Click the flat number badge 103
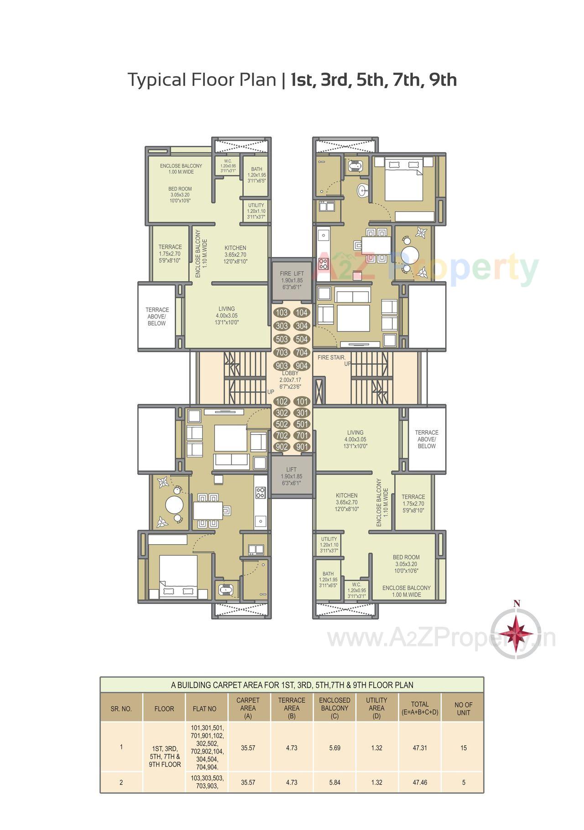[x=282, y=313]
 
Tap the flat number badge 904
[x=302, y=366]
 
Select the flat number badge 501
[x=302, y=424]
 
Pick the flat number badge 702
[x=282, y=436]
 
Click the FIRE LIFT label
[x=292, y=273]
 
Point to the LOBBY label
[x=290, y=373]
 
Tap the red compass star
[x=516, y=633]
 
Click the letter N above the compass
[x=516, y=604]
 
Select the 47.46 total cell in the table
[x=419, y=782]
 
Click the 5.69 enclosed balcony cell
[x=334, y=748]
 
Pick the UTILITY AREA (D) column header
[x=376, y=708]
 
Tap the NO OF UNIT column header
[x=464, y=709]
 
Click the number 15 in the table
[x=464, y=748]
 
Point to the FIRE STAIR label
[x=332, y=357]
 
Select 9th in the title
[x=442, y=80]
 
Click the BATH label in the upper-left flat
[x=256, y=169]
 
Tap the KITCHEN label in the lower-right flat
[x=347, y=495]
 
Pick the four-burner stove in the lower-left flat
[x=260, y=493]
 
